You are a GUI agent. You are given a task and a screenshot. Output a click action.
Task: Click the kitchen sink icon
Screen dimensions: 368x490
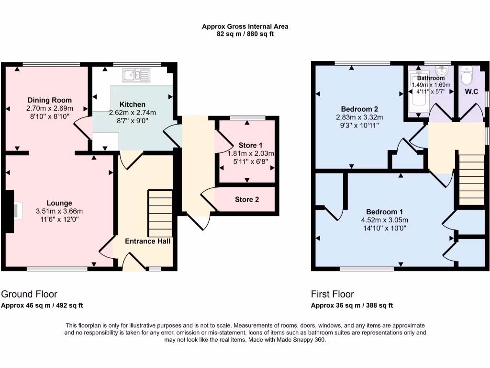tap(137, 75)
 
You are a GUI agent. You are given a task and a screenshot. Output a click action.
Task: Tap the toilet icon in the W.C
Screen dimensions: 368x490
tap(467, 75)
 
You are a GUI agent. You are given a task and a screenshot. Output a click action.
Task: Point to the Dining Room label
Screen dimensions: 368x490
tap(49, 100)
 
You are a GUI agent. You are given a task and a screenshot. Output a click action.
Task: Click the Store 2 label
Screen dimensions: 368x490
tap(247, 199)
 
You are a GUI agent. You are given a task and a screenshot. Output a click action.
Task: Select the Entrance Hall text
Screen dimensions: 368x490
tap(148, 241)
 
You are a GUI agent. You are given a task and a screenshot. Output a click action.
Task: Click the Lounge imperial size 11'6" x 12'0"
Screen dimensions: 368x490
tap(59, 219)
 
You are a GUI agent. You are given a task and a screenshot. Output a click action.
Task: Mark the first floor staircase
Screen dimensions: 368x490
tap(471, 180)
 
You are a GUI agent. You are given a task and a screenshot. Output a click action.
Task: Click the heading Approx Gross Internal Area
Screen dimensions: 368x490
tap(245, 27)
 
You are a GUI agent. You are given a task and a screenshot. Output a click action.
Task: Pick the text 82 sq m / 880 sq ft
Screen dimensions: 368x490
tap(245, 34)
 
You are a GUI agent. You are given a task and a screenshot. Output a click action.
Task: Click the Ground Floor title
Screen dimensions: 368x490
tap(29, 294)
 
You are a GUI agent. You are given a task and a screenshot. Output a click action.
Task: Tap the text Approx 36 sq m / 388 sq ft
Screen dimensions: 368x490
tap(352, 305)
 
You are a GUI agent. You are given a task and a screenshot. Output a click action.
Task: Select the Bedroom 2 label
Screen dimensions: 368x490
tap(359, 108)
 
